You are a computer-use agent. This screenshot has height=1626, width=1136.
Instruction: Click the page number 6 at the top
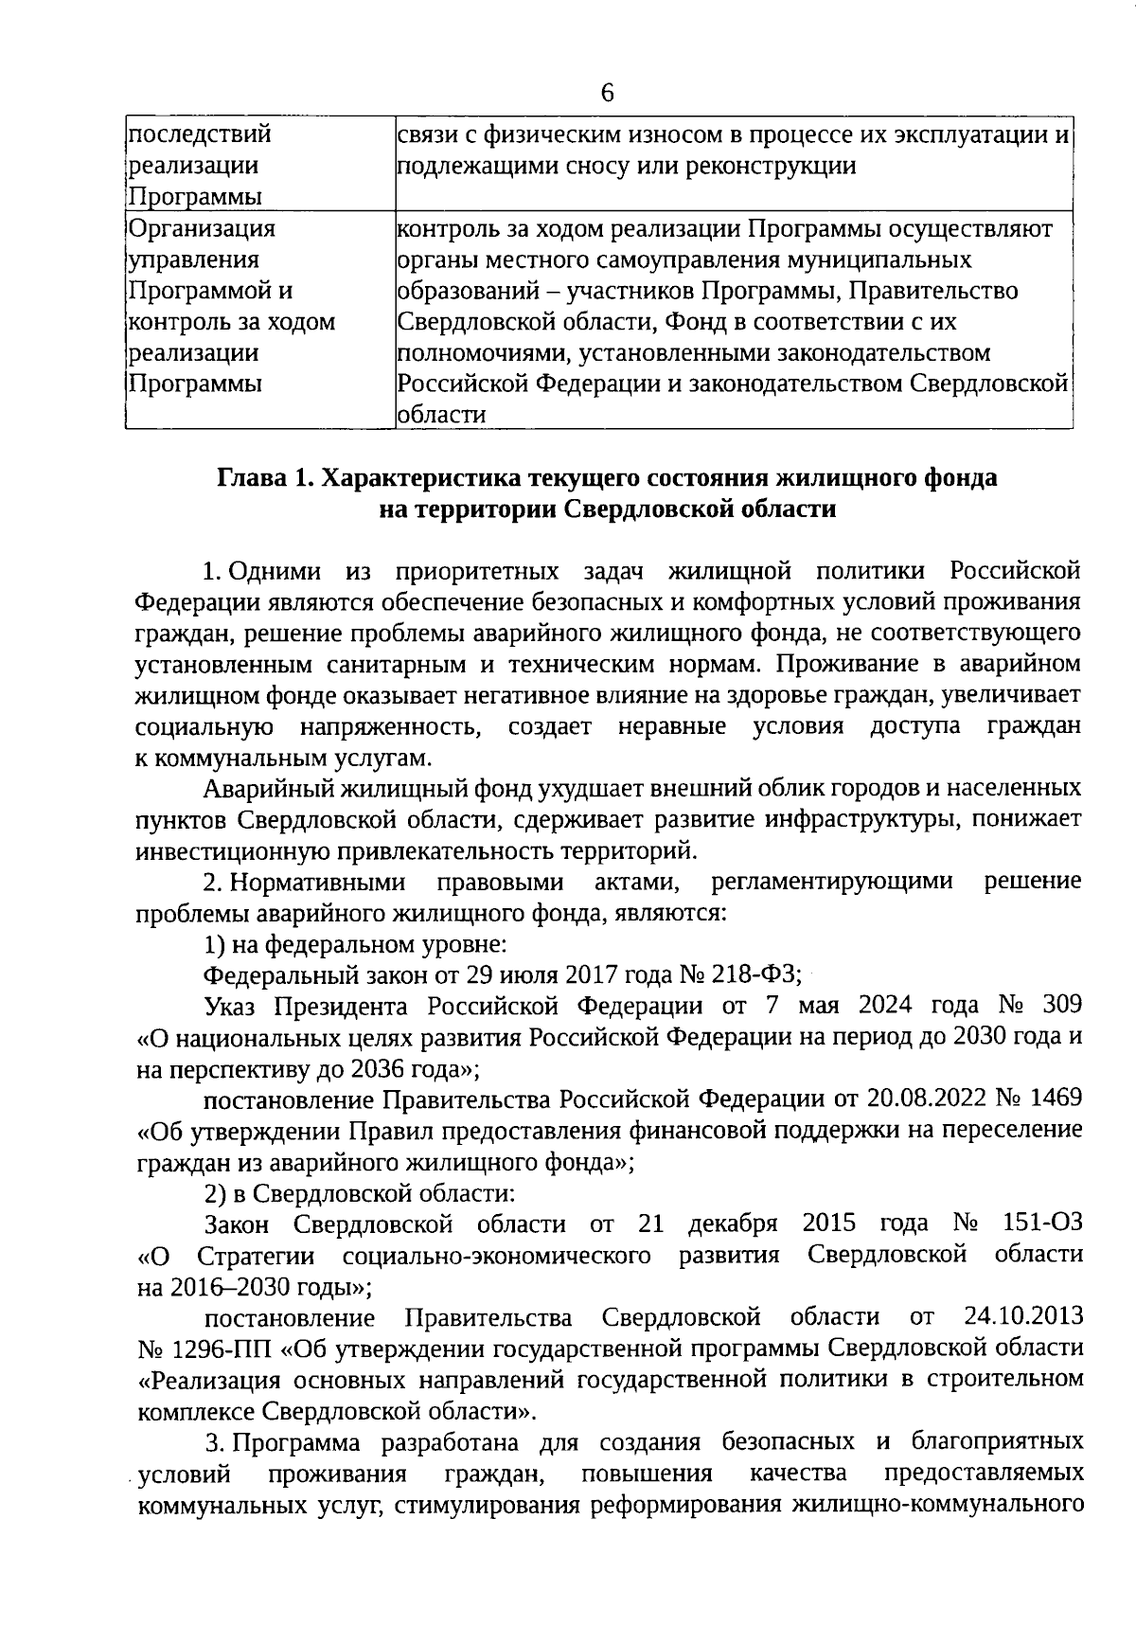(607, 93)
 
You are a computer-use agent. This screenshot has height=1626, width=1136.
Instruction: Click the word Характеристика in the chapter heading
(417, 477)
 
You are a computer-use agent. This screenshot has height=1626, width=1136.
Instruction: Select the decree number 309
(1062, 1005)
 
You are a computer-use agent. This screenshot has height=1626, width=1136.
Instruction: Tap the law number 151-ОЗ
(1041, 1224)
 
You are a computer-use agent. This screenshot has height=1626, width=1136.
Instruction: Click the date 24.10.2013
(1024, 1316)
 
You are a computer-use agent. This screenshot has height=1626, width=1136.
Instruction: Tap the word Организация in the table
(202, 228)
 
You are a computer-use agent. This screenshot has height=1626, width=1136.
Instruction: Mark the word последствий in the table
(199, 134)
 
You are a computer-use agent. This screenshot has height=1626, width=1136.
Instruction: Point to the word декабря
(733, 1224)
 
